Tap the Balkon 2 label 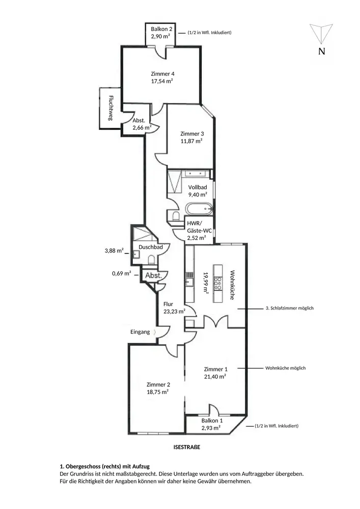click(161, 29)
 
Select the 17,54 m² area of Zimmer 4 click(162, 80)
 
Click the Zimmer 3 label click(192, 134)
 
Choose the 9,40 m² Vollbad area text click(197, 194)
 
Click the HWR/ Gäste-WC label click(196, 230)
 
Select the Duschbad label click(151, 247)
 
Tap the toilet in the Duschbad click(151, 260)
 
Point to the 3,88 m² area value click(114, 250)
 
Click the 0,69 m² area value click(122, 274)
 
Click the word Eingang click(140, 332)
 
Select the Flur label click(168, 304)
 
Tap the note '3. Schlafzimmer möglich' click(289, 308)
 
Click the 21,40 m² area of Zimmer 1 click(215, 376)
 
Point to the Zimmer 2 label click(158, 385)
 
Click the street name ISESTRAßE click(187, 448)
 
